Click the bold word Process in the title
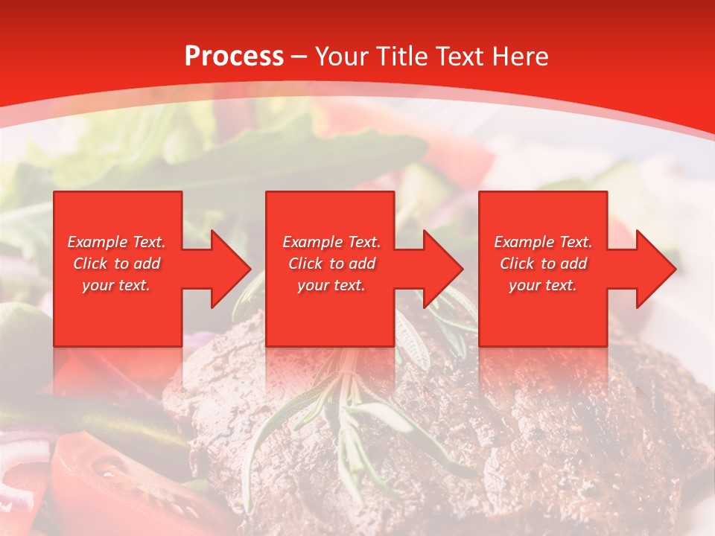tap(234, 57)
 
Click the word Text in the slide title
tap(460, 57)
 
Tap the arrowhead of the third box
tap(657, 269)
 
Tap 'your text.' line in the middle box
tap(331, 285)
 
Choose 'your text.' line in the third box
tap(542, 285)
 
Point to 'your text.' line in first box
tap(116, 285)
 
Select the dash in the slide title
tap(299, 57)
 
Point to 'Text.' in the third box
tap(575, 242)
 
